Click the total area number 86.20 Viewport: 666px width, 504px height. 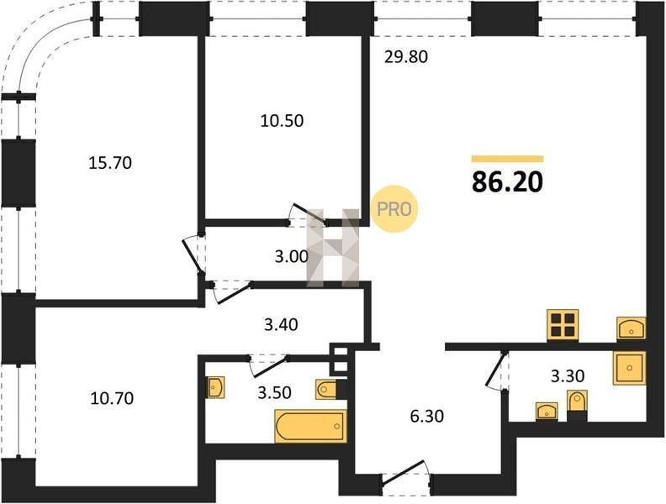pyautogui.click(x=508, y=182)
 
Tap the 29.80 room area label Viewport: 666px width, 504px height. pyautogui.click(x=405, y=56)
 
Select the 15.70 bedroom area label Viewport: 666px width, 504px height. pyautogui.click(x=110, y=162)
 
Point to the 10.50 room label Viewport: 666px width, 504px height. pyautogui.click(x=282, y=121)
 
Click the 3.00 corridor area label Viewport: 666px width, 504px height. pyautogui.click(x=291, y=257)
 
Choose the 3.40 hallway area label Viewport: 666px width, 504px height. pyautogui.click(x=281, y=324)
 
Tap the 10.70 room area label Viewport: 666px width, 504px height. pyautogui.click(x=112, y=398)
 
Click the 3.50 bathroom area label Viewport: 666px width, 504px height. pyautogui.click(x=274, y=392)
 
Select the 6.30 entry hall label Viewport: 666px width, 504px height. pyautogui.click(x=427, y=416)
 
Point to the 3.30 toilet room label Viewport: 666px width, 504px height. pyautogui.click(x=568, y=375)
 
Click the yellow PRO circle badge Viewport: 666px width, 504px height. pyautogui.click(x=394, y=209)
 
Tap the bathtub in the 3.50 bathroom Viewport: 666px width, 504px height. pyautogui.click(x=310, y=426)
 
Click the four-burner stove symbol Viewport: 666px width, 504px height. pyautogui.click(x=563, y=325)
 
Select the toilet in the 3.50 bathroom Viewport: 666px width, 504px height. pyautogui.click(x=325, y=390)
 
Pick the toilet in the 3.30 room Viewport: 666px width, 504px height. pyautogui.click(x=578, y=402)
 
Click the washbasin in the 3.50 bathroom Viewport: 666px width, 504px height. pyautogui.click(x=216, y=387)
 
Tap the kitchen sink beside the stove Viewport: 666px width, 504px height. pyautogui.click(x=631, y=328)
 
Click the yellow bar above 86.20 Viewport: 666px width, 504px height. pyautogui.click(x=508, y=159)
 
